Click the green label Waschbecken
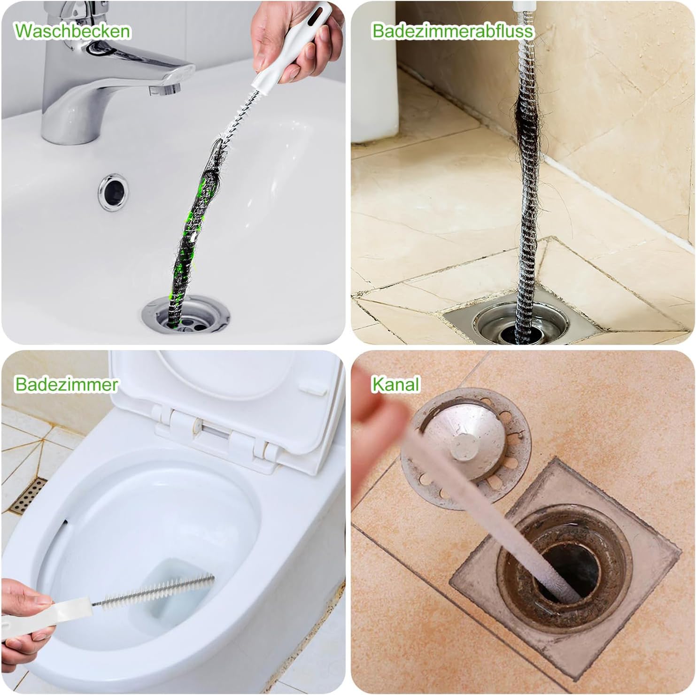click(x=72, y=31)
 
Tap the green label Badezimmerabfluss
click(x=453, y=31)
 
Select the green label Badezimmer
click(x=66, y=384)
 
